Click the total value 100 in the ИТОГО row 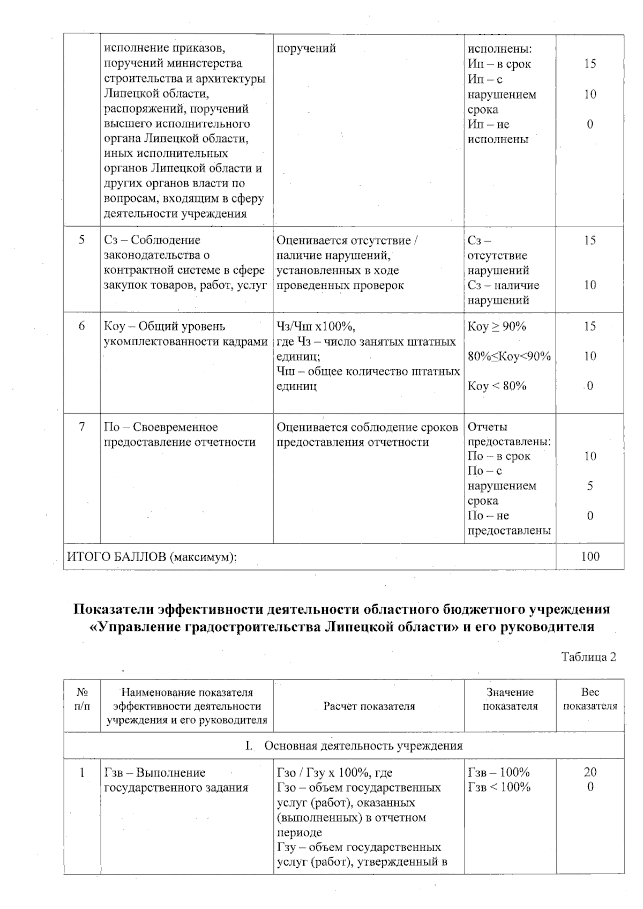pyautogui.click(x=589, y=556)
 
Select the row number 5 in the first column pyautogui.click(x=81, y=240)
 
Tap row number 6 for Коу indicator pyautogui.click(x=81, y=326)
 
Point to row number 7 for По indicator pyautogui.click(x=81, y=427)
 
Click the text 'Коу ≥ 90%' pyautogui.click(x=497, y=326)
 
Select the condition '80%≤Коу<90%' pyautogui.click(x=509, y=356)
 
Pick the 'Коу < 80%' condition pyautogui.click(x=497, y=386)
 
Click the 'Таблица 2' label pyautogui.click(x=588, y=657)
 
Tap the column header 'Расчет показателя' pyautogui.click(x=369, y=706)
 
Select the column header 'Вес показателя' pyautogui.click(x=589, y=699)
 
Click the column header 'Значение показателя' pyautogui.click(x=510, y=699)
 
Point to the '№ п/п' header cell pyautogui.click(x=81, y=699)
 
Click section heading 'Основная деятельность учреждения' pyautogui.click(x=363, y=746)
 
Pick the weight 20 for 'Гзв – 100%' pyautogui.click(x=589, y=772)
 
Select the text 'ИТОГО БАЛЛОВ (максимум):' pyautogui.click(x=152, y=557)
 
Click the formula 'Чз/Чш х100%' pyautogui.click(x=316, y=326)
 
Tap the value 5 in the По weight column pyautogui.click(x=589, y=486)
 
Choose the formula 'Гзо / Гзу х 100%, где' pyautogui.click(x=334, y=772)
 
